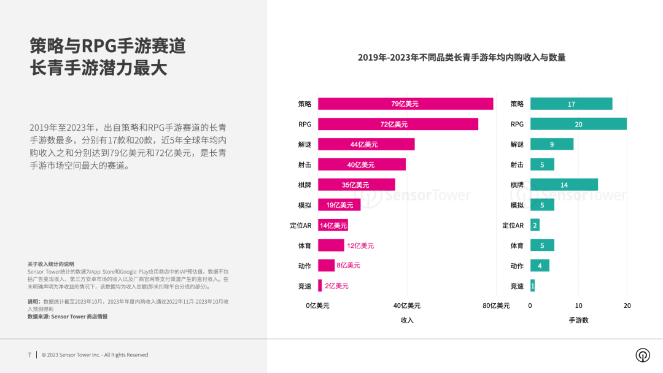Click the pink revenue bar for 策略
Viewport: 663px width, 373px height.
coord(405,104)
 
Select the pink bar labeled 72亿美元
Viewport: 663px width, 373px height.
coord(398,124)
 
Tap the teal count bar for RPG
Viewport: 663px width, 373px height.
coord(578,124)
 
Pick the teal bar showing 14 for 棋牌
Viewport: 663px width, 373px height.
coord(564,185)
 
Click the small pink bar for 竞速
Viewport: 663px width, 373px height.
coord(320,286)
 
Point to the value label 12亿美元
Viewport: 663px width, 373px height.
coord(360,245)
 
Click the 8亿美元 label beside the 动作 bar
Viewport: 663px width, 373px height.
coord(349,266)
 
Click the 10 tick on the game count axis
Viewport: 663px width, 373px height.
coord(578,306)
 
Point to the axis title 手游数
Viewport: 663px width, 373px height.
coord(578,320)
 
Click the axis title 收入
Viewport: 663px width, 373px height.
coord(406,320)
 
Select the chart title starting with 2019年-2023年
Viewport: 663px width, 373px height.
coord(461,58)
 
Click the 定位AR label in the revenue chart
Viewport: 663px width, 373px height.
coord(301,225)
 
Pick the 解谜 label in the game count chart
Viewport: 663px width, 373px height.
coord(517,145)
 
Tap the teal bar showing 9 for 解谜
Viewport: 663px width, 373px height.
coord(551,144)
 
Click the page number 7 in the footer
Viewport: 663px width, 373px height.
coord(29,355)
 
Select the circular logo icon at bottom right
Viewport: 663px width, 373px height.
coord(643,355)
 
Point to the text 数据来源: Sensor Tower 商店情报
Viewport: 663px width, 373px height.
coord(68,317)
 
